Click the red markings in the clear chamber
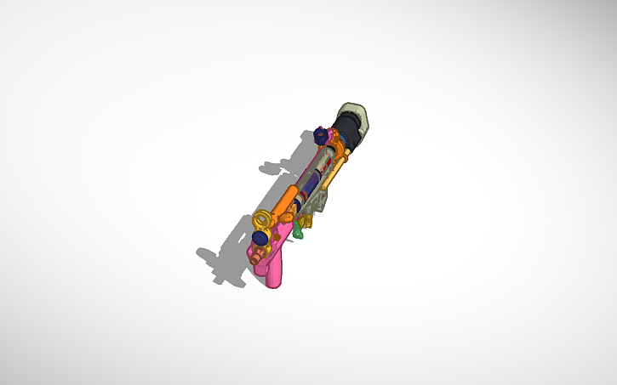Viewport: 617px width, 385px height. coord(322,167)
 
